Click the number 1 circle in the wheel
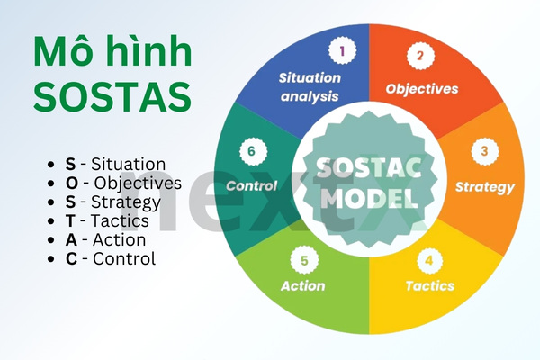click(x=340, y=51)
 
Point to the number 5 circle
click(x=304, y=260)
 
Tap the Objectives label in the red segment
click(x=422, y=89)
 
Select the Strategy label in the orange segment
click(x=484, y=187)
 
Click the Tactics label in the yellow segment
click(x=429, y=286)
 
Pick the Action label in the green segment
click(x=302, y=286)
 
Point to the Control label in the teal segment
click(x=251, y=187)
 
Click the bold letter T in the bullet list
click(x=70, y=221)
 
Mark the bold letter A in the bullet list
click(x=71, y=240)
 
